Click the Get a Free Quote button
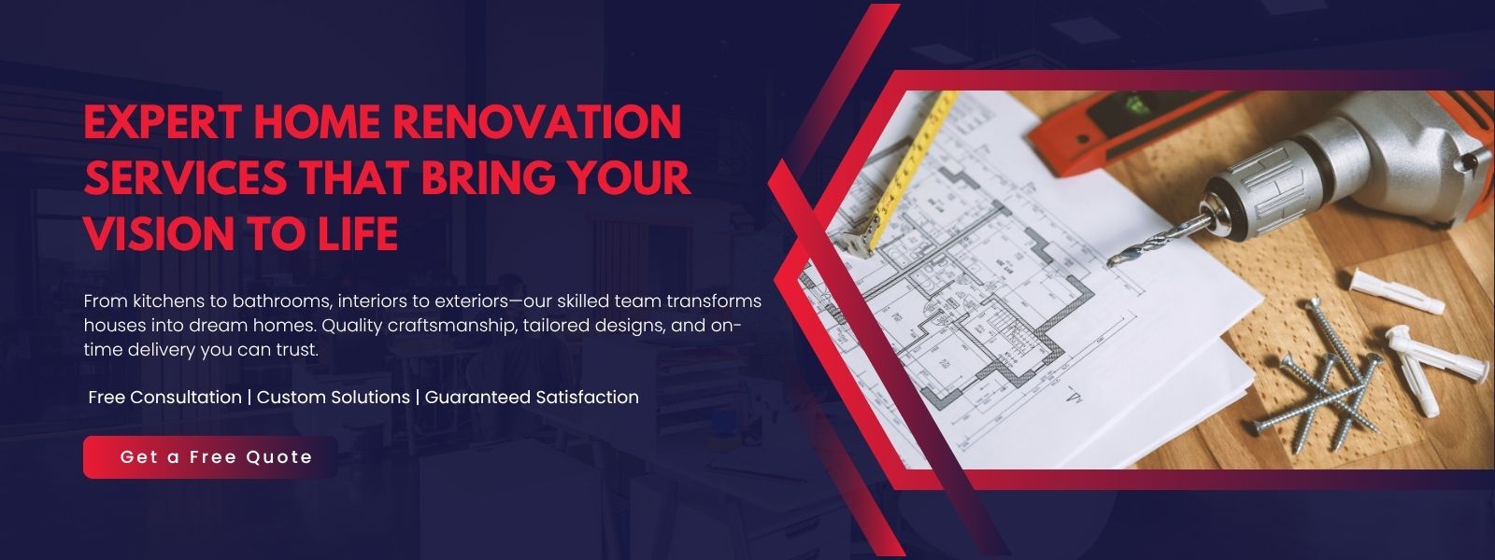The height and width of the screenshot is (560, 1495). (x=210, y=457)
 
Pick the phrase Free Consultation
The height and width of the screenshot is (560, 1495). (x=164, y=398)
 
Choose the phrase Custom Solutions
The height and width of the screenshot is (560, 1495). (x=333, y=398)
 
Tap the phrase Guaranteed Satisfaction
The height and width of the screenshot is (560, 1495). (x=532, y=398)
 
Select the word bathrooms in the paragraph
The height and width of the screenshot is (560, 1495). (x=281, y=301)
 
